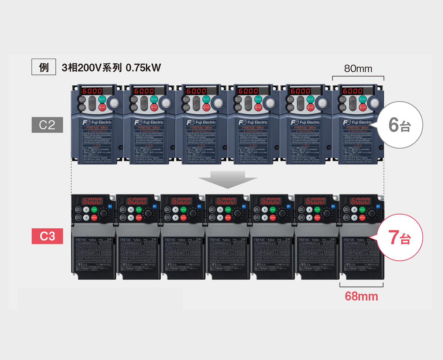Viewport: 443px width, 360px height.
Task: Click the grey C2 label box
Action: click(47, 125)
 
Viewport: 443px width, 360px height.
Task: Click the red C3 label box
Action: click(47, 236)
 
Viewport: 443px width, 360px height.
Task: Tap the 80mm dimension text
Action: click(358, 69)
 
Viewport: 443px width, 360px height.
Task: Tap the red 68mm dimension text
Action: click(361, 296)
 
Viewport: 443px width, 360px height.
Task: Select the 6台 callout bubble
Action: click(399, 125)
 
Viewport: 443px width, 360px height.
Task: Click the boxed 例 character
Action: click(44, 68)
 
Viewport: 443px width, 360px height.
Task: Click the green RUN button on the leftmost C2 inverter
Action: click(103, 100)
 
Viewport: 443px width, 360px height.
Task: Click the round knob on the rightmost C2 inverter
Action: click(376, 103)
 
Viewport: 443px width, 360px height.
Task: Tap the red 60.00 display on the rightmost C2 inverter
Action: click(353, 91)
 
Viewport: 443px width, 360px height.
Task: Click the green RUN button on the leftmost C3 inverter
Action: click(94, 210)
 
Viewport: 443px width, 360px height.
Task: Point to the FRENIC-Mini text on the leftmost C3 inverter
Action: click(86, 240)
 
